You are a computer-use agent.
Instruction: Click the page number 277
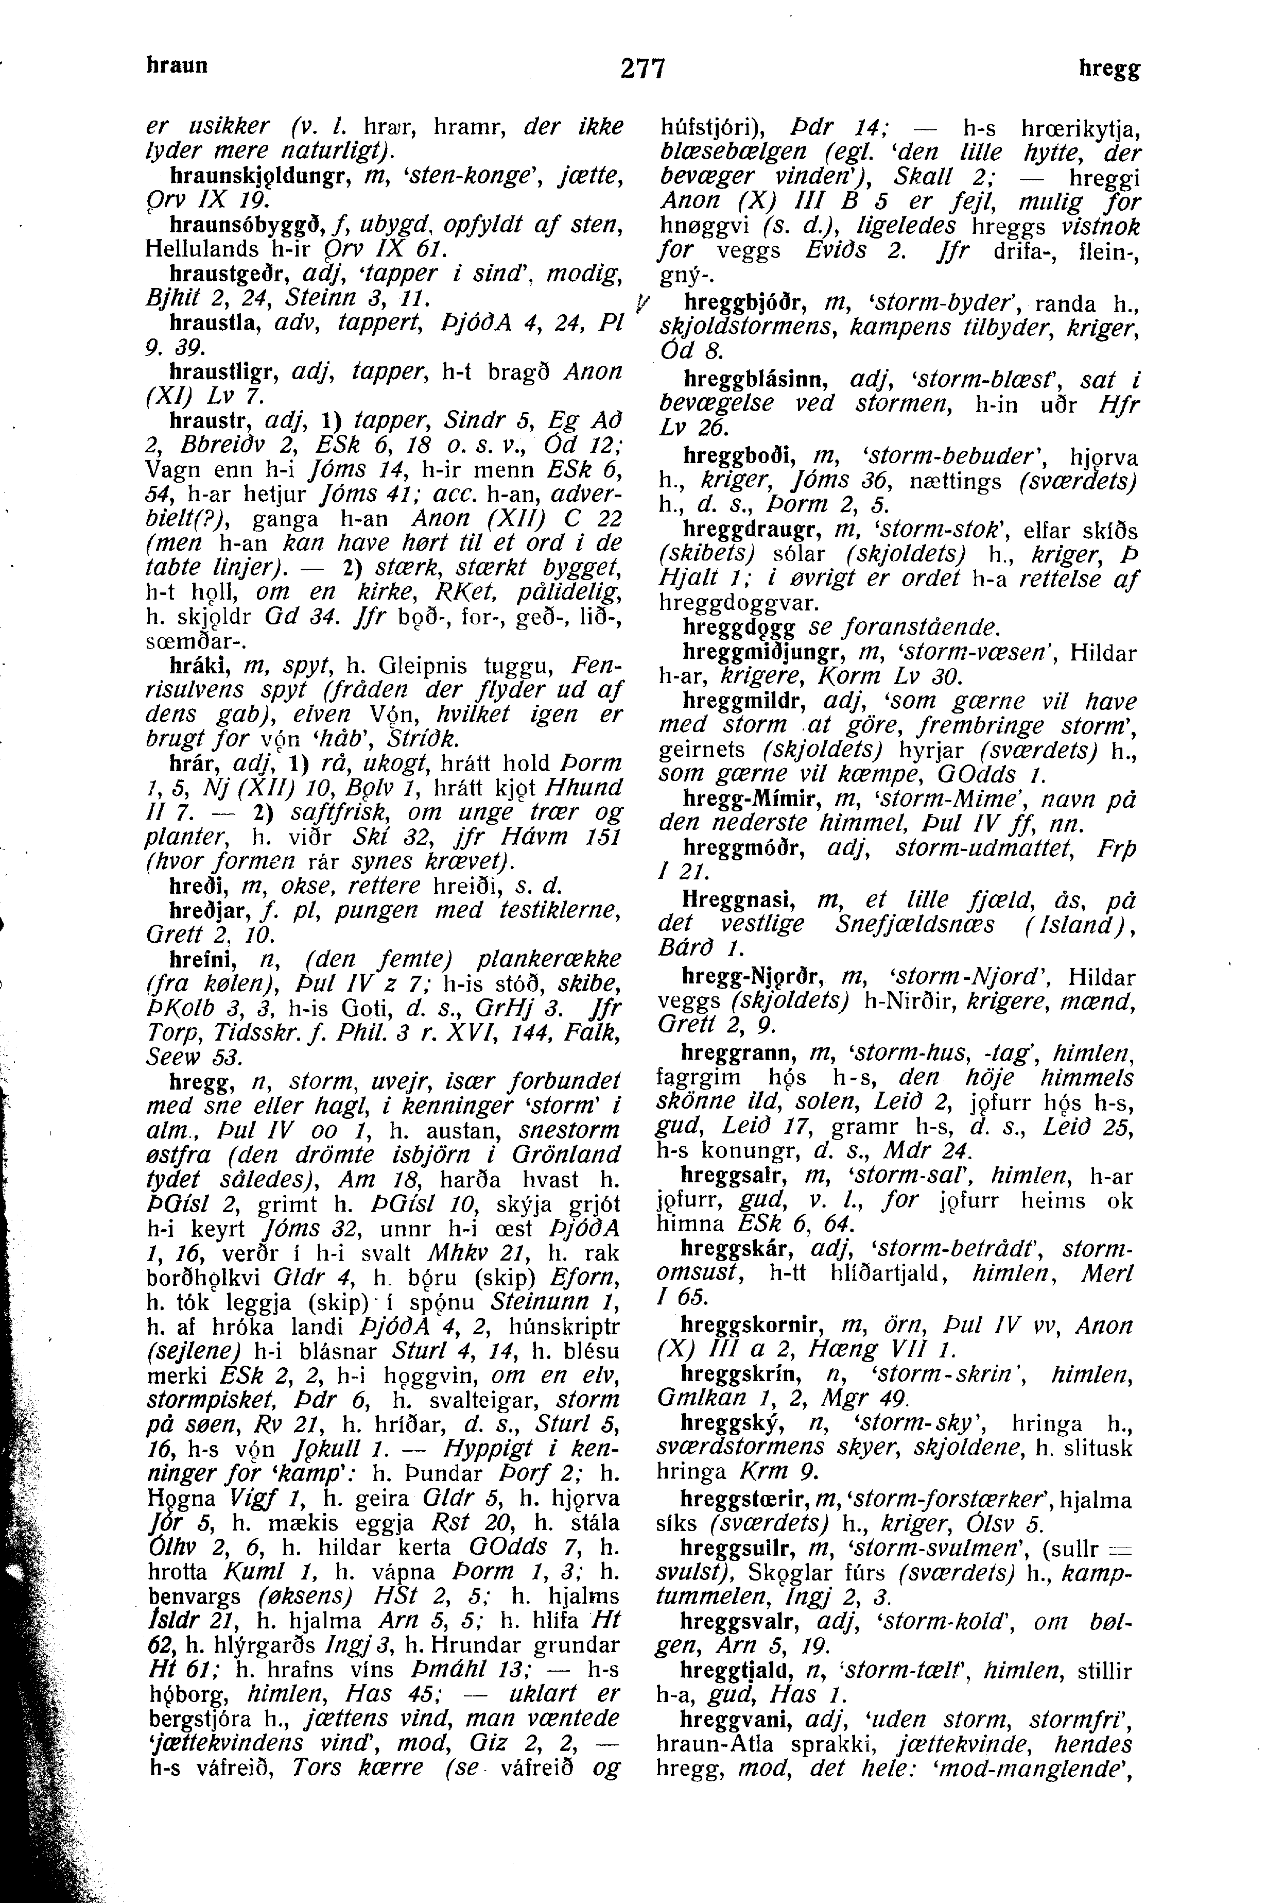[x=643, y=70]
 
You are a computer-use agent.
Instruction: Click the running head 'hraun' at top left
[x=177, y=65]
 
